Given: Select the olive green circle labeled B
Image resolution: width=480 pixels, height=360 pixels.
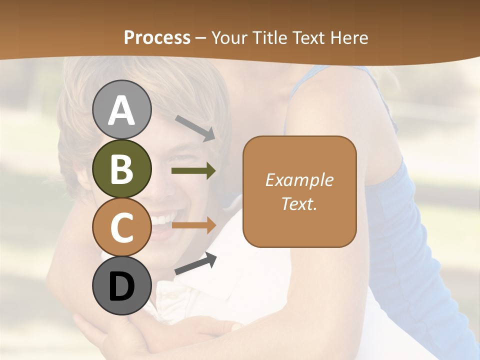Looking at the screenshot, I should click(121, 168).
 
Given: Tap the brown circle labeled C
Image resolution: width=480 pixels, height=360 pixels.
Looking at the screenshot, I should click(121, 227).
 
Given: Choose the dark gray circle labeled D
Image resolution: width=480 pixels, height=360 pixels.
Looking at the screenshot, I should click(121, 285).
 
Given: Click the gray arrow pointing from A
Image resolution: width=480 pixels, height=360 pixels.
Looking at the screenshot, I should click(195, 127).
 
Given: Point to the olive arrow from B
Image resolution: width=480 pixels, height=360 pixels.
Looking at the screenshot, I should click(193, 171).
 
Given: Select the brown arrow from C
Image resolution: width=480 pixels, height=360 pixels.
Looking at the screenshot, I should click(193, 225).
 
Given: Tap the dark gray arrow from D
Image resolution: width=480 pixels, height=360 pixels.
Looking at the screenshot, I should click(195, 263).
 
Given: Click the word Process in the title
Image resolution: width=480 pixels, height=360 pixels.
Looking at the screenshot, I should click(157, 38).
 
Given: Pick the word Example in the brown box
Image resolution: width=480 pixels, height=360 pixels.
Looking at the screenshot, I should click(299, 180).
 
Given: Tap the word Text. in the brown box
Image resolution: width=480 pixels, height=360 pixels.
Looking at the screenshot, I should click(299, 203).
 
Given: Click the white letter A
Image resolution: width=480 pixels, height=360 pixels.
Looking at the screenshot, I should click(121, 110).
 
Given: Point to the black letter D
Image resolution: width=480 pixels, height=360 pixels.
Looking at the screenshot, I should click(121, 287).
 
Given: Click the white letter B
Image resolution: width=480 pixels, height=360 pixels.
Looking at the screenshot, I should click(121, 169).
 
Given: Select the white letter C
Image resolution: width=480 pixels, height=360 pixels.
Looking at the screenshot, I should click(121, 228).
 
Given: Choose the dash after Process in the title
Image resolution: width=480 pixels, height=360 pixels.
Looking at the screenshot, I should click(201, 38).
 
